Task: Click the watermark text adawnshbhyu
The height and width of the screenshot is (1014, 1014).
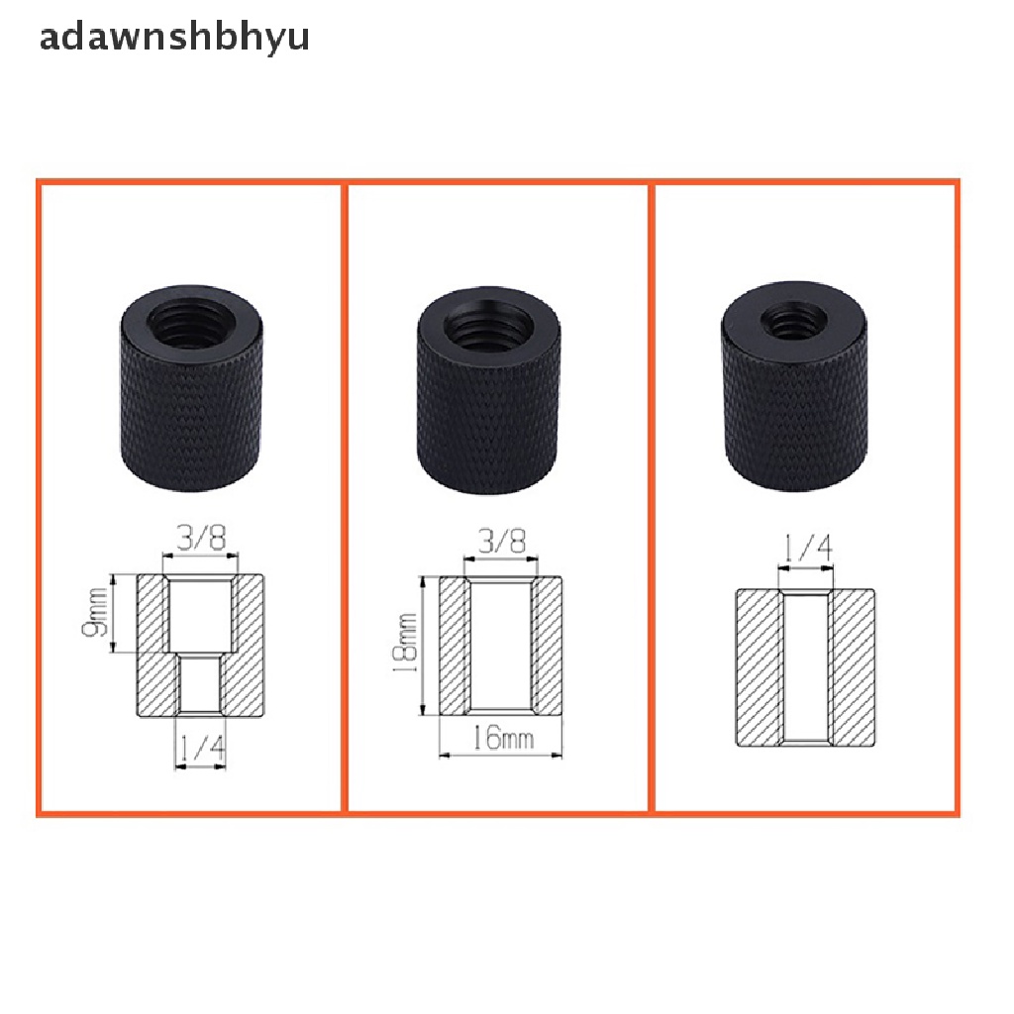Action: point(174,37)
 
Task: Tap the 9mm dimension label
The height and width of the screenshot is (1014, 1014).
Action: point(95,612)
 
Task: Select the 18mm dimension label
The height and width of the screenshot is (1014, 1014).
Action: point(405,643)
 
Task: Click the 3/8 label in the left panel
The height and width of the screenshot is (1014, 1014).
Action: point(201,538)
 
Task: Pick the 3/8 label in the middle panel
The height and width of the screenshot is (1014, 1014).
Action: point(502,541)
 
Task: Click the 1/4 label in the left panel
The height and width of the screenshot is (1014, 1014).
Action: point(201,749)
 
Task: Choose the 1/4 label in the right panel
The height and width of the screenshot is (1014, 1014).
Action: point(807,549)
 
